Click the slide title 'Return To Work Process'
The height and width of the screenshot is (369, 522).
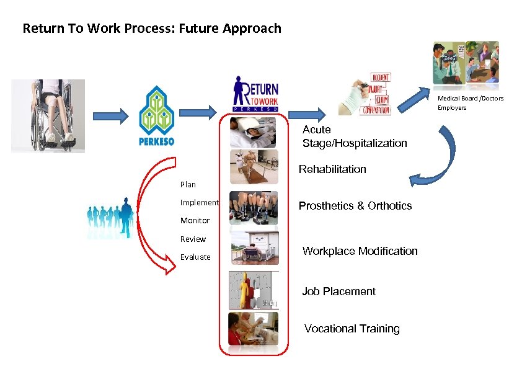click(151, 29)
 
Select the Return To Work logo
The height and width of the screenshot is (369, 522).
click(255, 94)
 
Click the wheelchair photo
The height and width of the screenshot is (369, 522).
click(52, 115)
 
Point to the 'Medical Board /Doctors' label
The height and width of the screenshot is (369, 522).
click(471, 99)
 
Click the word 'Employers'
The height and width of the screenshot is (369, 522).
click(452, 108)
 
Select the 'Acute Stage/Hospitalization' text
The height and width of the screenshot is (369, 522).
click(355, 136)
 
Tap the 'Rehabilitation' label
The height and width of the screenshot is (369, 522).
click(332, 169)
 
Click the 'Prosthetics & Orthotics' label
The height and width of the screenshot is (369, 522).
click(355, 206)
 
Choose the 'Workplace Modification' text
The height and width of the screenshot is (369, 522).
click(360, 251)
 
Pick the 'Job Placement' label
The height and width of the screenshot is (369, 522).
click(338, 291)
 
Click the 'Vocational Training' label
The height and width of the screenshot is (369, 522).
click(352, 329)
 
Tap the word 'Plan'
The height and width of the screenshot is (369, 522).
click(188, 184)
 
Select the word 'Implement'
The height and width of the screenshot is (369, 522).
click(199, 202)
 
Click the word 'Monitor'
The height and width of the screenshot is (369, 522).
click(195, 221)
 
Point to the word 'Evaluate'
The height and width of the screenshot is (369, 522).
click(195, 257)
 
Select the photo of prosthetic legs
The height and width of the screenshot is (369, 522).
click(254, 207)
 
